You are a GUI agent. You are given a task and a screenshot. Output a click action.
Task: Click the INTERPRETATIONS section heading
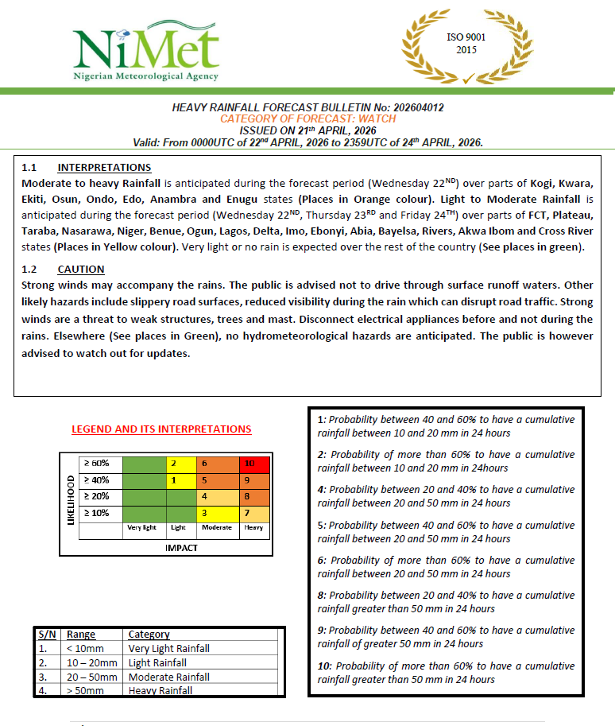(x=104, y=168)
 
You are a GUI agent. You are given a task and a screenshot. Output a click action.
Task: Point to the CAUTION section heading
(x=81, y=270)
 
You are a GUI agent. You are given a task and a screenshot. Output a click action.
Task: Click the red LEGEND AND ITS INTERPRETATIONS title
(x=161, y=429)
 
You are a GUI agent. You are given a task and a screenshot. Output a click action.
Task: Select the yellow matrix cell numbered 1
(x=173, y=480)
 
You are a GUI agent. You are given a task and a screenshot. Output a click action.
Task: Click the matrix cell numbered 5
(x=204, y=480)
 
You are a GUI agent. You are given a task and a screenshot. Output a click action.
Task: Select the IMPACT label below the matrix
(x=181, y=548)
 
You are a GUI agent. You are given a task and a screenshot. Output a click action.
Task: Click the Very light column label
(x=141, y=527)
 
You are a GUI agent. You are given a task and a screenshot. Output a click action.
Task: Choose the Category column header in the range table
(x=149, y=635)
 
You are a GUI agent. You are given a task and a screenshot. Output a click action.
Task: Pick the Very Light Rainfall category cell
(x=168, y=649)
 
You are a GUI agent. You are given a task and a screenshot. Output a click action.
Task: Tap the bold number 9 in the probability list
(x=321, y=631)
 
